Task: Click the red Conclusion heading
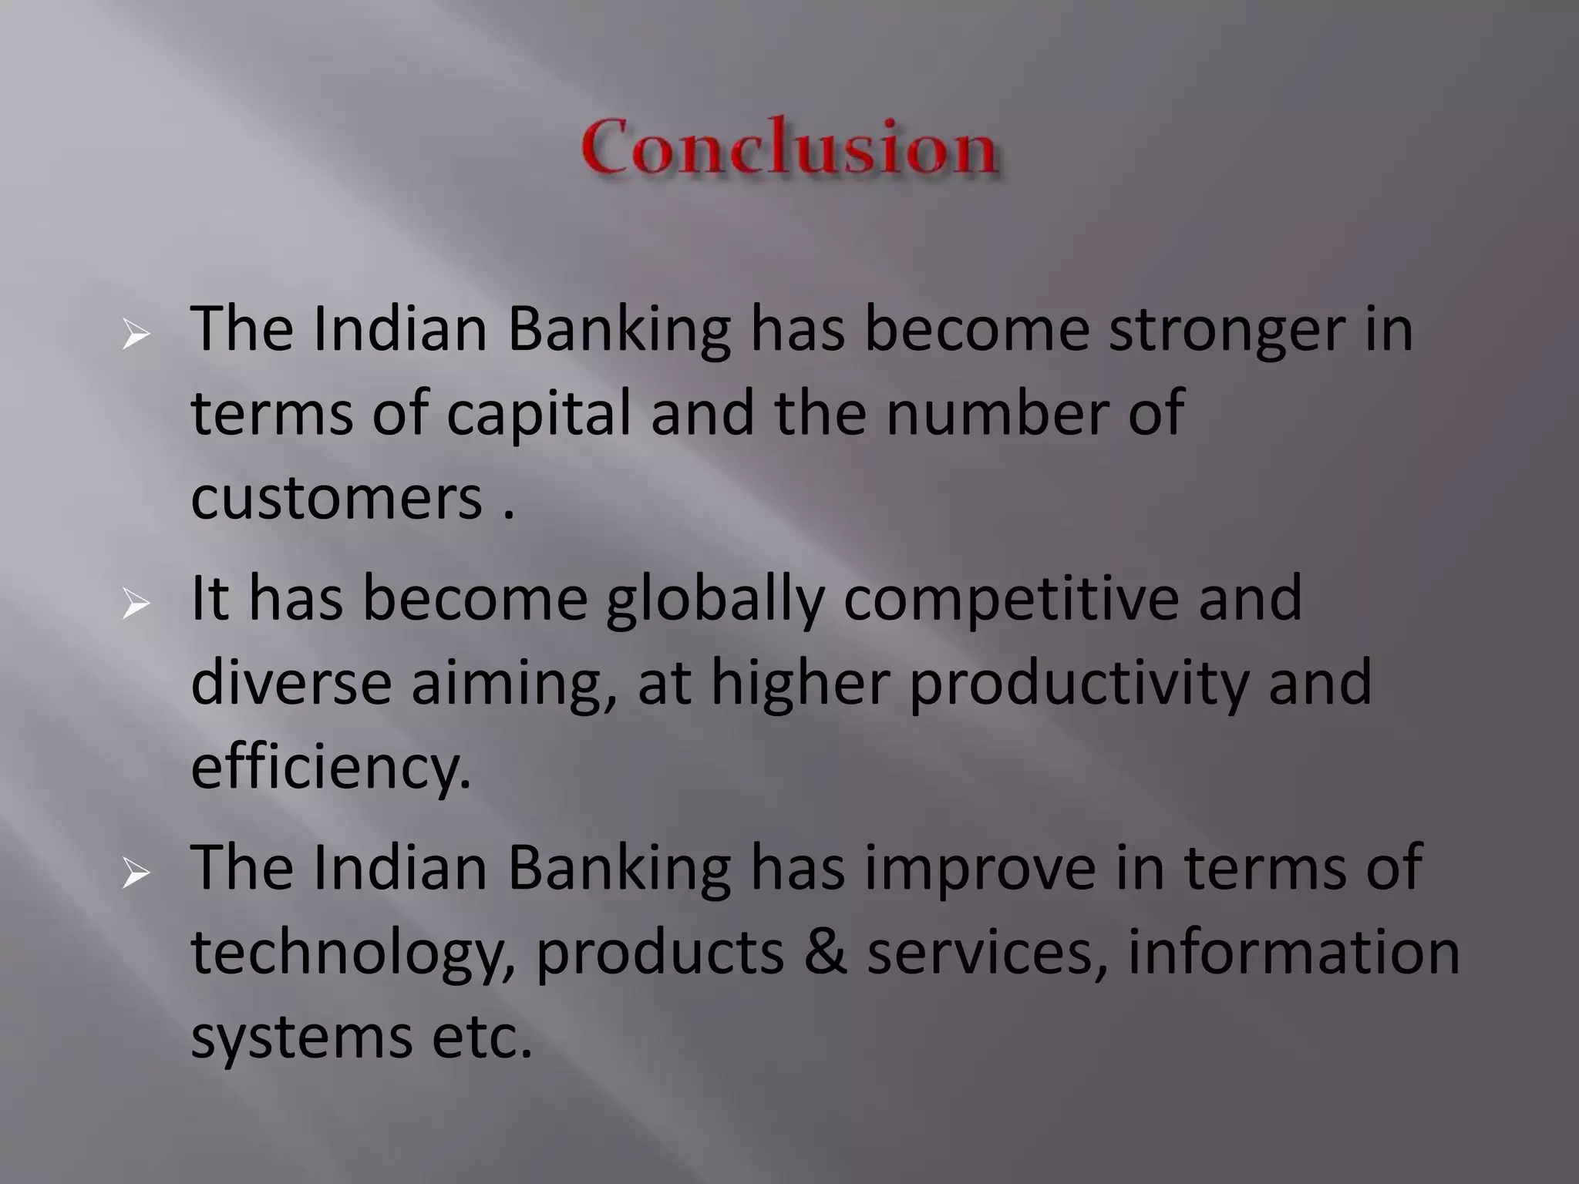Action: pos(789,146)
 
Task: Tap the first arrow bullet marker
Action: pos(136,336)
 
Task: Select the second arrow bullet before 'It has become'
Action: pos(136,604)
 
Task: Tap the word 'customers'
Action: pos(336,498)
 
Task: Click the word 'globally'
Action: pos(714,600)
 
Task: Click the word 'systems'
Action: pos(301,1038)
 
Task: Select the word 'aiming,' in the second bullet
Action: pos(513,684)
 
